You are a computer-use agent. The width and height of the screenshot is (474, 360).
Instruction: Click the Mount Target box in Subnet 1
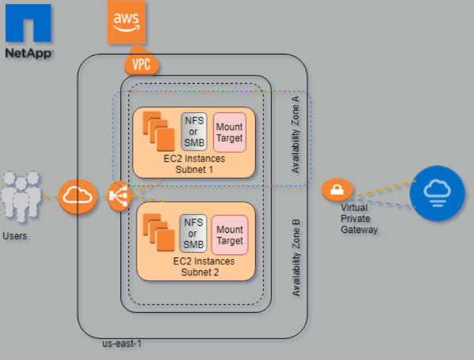click(229, 132)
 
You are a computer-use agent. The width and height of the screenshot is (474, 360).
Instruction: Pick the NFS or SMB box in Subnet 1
click(194, 132)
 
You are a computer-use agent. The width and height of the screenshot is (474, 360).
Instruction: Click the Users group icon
click(20, 197)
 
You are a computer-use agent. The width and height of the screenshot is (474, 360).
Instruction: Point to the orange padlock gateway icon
click(337, 190)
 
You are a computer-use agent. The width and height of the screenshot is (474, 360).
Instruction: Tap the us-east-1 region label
click(122, 344)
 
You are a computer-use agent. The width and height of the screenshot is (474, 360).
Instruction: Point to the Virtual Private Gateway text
click(360, 219)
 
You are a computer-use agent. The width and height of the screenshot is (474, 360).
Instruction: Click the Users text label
click(17, 234)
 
